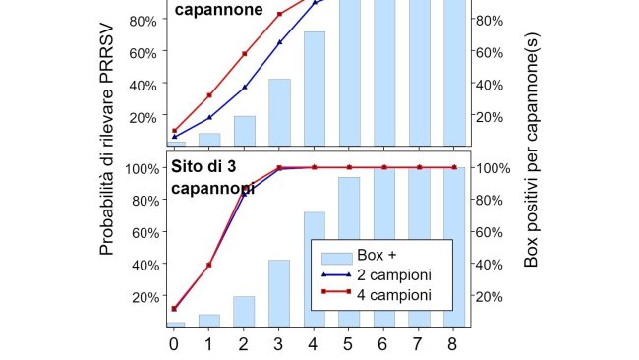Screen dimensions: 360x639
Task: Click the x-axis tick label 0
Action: click(x=174, y=343)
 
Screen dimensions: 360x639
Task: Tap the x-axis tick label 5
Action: click(x=349, y=343)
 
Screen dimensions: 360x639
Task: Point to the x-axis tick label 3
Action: click(x=279, y=343)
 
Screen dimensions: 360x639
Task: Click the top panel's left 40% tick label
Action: click(x=143, y=85)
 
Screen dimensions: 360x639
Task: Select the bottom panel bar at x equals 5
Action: click(x=349, y=251)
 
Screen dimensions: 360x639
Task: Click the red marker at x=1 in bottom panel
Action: click(x=209, y=265)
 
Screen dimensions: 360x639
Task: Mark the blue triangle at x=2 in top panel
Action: click(x=245, y=88)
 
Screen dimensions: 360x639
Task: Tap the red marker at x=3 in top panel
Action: click(x=279, y=14)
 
